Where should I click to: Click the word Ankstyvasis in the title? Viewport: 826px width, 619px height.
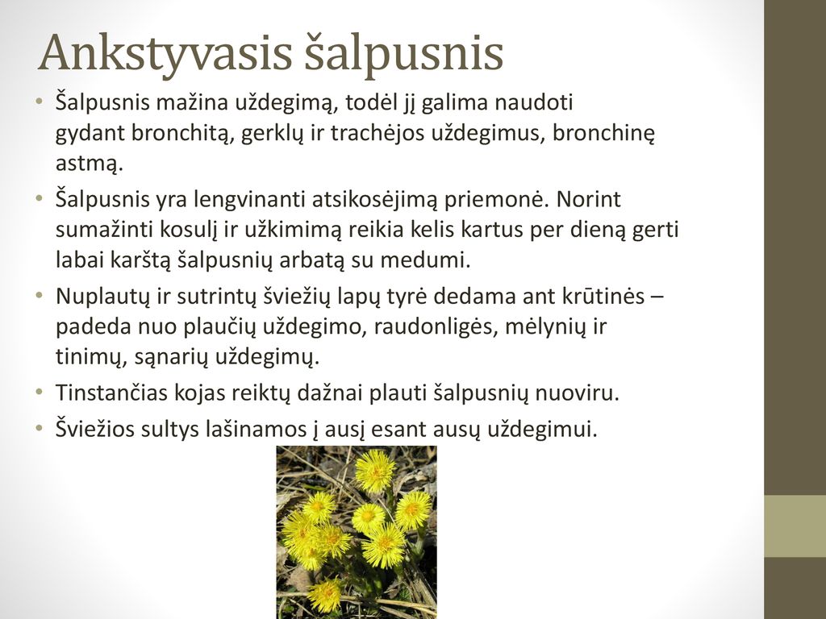(165, 53)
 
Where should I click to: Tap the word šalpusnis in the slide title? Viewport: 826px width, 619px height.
(404, 53)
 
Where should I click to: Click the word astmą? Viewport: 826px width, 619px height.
(89, 164)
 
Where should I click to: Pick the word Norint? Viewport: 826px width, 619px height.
(588, 200)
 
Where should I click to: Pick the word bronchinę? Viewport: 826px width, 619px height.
(603, 134)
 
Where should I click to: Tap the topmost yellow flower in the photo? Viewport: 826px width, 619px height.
(375, 471)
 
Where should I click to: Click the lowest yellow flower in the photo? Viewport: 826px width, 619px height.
(324, 594)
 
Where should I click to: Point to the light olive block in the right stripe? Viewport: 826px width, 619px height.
(795, 526)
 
